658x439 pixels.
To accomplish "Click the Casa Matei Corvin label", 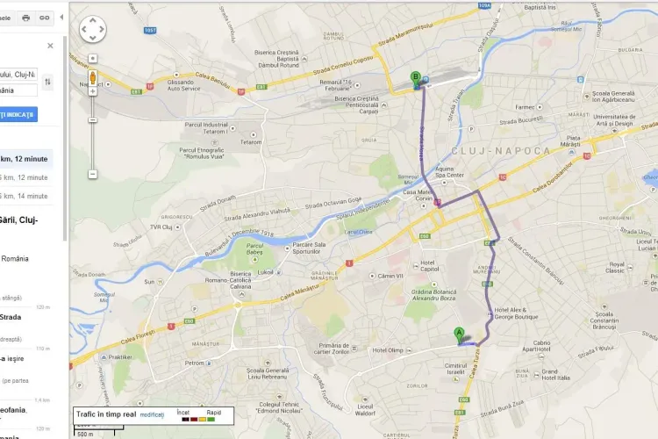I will click(x=418, y=196).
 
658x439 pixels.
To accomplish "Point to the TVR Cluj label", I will click(x=161, y=227).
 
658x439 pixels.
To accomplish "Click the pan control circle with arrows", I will click(x=93, y=29).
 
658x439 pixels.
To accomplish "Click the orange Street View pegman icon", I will click(x=92, y=77).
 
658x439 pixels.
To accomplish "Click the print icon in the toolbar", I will click(x=25, y=18).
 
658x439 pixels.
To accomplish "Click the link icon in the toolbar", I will click(x=44, y=18).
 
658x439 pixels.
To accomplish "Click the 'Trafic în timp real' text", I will click(x=106, y=414).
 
